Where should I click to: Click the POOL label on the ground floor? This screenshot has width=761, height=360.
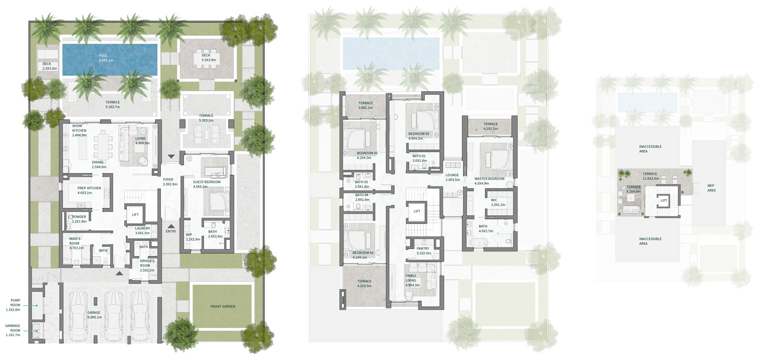pyautogui.click(x=103, y=58)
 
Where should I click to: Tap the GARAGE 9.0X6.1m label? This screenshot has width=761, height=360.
pyautogui.click(x=94, y=315)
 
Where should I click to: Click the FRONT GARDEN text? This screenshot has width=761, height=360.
pyautogui.click(x=223, y=306)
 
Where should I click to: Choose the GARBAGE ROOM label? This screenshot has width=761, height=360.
pyautogui.click(x=13, y=330)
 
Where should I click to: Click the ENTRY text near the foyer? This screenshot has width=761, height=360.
pyautogui.click(x=171, y=231)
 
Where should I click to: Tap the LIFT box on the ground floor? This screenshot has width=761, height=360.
pyautogui.click(x=135, y=215)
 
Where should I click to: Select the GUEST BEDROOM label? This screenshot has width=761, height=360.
pyautogui.click(x=207, y=184)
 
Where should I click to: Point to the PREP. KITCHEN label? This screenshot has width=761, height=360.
pyautogui.click(x=89, y=190)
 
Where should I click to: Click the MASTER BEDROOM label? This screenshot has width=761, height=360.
pyautogui.click(x=489, y=181)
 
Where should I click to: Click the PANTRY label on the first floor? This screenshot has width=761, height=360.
pyautogui.click(x=423, y=250)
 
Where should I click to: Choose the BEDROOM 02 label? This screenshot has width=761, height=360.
pyautogui.click(x=419, y=136)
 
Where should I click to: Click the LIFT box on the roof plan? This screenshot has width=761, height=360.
pyautogui.click(x=664, y=201)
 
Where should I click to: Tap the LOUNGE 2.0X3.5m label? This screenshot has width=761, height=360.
pyautogui.click(x=452, y=177)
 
